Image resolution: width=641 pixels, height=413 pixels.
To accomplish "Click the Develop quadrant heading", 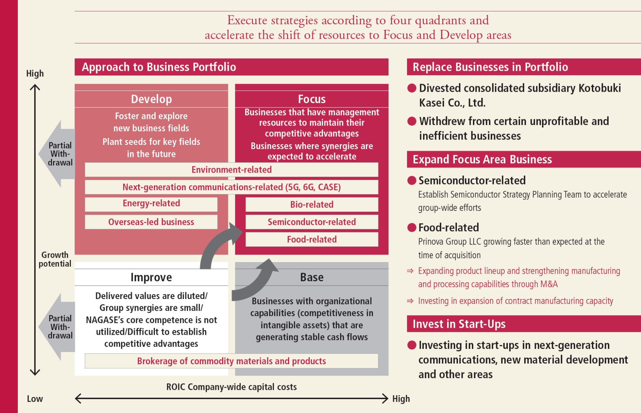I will (x=151, y=99).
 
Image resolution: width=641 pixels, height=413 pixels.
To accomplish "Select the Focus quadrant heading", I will (x=312, y=99).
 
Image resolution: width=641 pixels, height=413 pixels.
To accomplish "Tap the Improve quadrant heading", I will (x=151, y=277).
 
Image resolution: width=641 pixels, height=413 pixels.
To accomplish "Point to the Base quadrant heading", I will (x=312, y=277).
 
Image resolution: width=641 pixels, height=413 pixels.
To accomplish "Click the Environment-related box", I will (x=231, y=170).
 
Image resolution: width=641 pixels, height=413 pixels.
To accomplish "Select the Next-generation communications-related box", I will (x=231, y=187).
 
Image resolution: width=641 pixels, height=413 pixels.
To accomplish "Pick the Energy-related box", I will (x=151, y=204).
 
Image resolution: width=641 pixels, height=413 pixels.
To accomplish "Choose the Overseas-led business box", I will (x=151, y=222).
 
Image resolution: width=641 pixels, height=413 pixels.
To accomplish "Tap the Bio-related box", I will (x=312, y=205).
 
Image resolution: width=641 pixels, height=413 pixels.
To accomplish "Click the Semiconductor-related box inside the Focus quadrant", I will (x=312, y=222).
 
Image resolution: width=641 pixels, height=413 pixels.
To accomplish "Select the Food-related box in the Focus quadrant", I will (x=312, y=240).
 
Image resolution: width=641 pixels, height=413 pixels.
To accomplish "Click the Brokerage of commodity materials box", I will (x=231, y=361).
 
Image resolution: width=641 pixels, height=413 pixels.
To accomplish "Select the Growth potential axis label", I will (x=55, y=259).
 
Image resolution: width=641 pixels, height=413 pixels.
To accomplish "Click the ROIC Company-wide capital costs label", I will (x=231, y=387).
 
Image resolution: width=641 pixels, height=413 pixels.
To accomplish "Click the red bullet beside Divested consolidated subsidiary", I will (x=412, y=88).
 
